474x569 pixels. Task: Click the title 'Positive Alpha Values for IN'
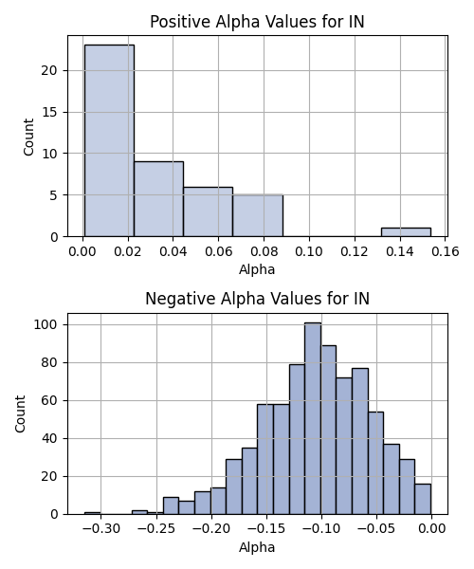click(257, 22)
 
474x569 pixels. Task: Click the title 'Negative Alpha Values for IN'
click(257, 299)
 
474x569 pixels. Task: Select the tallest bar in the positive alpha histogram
click(109, 140)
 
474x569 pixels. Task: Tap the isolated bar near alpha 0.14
click(406, 232)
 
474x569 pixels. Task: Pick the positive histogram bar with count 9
click(159, 199)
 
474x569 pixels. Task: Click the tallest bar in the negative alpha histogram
click(313, 418)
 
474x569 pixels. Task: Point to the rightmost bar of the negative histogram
click(423, 499)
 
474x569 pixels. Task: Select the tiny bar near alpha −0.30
click(93, 513)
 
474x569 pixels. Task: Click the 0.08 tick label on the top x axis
click(264, 251)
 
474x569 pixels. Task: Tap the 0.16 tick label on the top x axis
click(446, 251)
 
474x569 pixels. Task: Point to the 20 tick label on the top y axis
click(49, 70)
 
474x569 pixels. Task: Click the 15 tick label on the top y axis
click(49, 112)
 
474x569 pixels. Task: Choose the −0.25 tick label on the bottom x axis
click(156, 529)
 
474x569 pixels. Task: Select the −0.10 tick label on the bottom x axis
click(321, 529)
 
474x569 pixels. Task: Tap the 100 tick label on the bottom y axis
click(46, 324)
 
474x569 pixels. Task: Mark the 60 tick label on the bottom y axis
click(49, 400)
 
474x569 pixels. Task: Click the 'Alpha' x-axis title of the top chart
click(257, 269)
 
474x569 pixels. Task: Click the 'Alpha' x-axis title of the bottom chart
click(257, 547)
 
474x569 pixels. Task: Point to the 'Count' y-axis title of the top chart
click(28, 137)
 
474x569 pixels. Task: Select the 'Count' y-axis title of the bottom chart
click(20, 413)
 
